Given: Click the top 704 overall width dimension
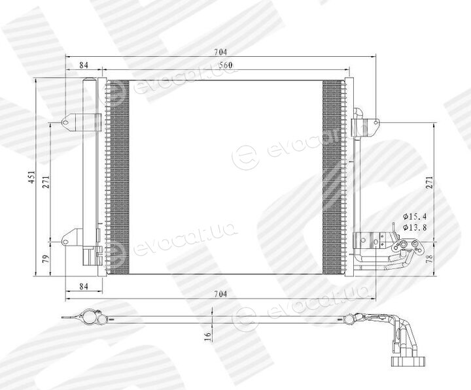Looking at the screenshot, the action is (x=220, y=52).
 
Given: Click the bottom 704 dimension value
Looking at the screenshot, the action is (x=220, y=294).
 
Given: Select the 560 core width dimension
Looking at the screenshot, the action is (x=225, y=65).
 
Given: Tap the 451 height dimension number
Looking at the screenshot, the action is (x=32, y=178).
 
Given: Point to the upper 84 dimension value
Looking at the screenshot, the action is (x=84, y=65).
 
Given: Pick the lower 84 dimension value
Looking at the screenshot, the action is (x=84, y=286).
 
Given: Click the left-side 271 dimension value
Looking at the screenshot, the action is (x=46, y=182).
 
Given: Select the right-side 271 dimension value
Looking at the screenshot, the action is (x=430, y=183).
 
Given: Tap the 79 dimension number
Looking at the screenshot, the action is (x=45, y=259).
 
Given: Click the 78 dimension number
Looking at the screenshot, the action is (x=430, y=257).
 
